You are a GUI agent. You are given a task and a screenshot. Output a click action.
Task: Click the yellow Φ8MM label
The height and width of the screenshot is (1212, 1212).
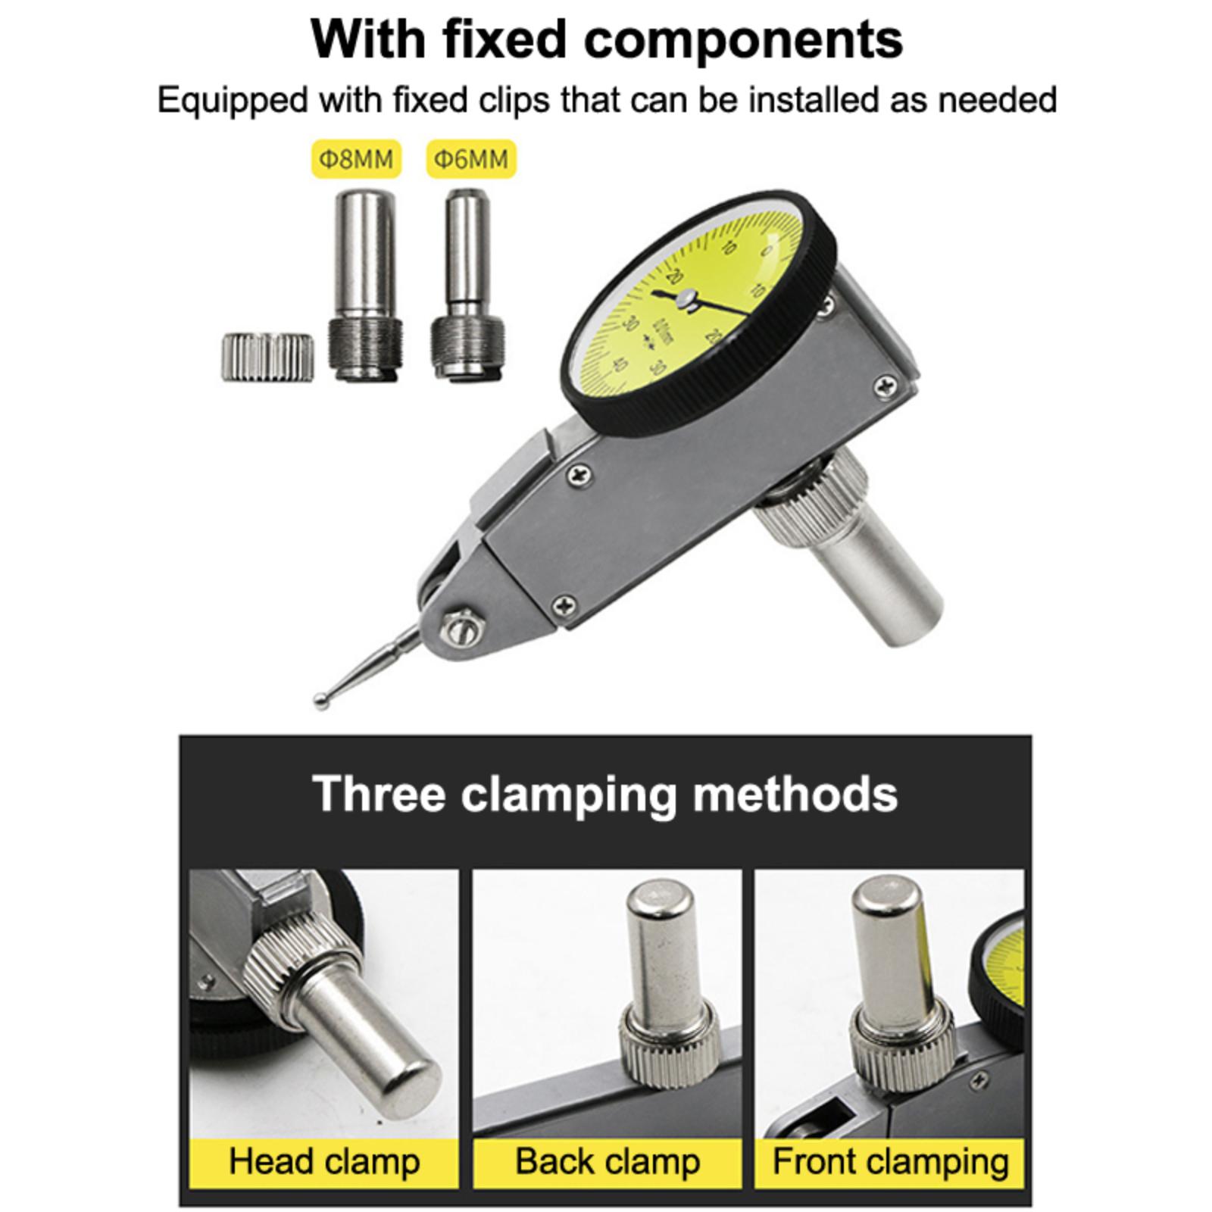point(356,159)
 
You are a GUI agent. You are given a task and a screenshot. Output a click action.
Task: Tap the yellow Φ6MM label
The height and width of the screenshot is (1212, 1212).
point(471,159)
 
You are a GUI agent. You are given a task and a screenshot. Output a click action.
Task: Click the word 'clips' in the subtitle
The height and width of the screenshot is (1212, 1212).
point(514,101)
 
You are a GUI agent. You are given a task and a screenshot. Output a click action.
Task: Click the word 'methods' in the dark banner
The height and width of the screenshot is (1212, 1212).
point(795,793)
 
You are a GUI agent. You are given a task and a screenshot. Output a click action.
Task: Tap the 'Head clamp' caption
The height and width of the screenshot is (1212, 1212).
point(324,1161)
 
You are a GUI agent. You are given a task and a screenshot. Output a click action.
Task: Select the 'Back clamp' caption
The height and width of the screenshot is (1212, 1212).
point(608,1161)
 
